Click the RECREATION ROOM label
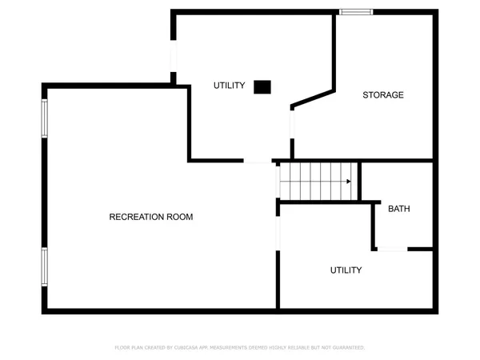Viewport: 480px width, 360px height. click(150, 217)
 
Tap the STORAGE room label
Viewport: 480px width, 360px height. click(382, 95)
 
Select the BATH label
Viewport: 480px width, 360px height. click(398, 209)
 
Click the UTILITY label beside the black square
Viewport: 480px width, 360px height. click(229, 86)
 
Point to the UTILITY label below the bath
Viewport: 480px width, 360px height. click(346, 270)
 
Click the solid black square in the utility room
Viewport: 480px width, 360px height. click(262, 87)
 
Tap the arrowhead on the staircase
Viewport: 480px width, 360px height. click(348, 182)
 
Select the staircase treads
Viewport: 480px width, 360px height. click(316, 182)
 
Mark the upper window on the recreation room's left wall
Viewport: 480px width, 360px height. click(45, 118)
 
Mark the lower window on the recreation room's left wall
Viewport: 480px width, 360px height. click(45, 266)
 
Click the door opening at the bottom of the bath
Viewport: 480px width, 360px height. click(392, 250)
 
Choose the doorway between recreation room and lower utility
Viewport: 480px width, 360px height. click(278, 232)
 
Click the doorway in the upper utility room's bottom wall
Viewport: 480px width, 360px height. click(258, 162)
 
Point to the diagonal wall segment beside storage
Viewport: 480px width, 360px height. click(313, 96)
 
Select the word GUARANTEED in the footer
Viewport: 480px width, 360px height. click(346, 348)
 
